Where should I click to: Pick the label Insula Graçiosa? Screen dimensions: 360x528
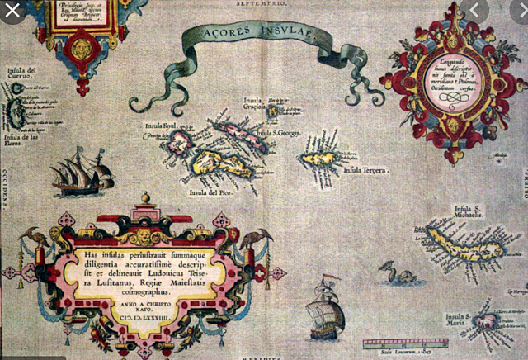252,104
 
